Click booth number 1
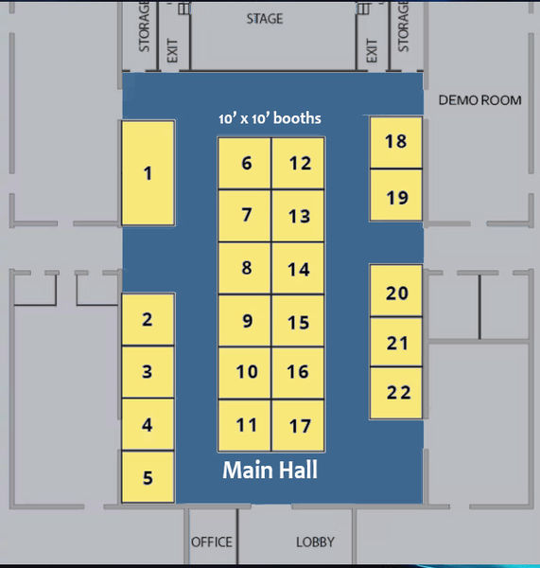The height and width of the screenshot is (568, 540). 148,172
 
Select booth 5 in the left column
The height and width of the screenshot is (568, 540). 148,477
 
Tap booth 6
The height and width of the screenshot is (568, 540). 246,163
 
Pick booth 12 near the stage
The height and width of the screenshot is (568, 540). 299,163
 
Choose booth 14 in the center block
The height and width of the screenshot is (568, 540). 299,269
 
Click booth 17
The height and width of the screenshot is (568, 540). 299,425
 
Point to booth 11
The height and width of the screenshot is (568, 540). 246,425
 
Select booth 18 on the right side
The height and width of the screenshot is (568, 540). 395,142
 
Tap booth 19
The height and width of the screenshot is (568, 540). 395,197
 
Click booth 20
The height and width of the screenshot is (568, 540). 397,292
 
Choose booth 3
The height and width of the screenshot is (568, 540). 148,372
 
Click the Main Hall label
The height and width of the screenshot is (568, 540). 270,470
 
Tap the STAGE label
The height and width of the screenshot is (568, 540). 264,19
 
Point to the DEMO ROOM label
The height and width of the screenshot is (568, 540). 480,100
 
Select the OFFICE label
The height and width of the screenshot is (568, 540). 211,542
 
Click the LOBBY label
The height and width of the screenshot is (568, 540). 315,542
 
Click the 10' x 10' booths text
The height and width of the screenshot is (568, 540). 270,119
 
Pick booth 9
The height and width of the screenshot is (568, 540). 246,321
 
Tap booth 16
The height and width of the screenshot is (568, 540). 299,372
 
